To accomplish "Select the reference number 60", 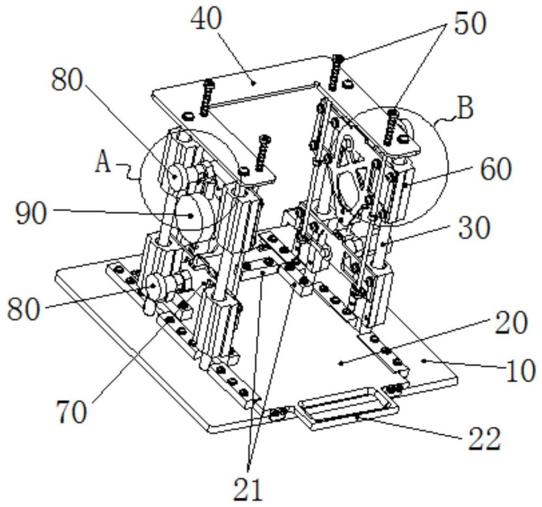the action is [x=496, y=169].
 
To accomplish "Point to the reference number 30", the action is [x=474, y=228].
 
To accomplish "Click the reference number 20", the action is [x=511, y=322].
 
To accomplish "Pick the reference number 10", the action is [x=521, y=370].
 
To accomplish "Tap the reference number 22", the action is [x=484, y=439].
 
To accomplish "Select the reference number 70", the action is [x=72, y=412].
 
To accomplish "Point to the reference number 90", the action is [x=31, y=214].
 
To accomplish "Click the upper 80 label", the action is [x=67, y=80].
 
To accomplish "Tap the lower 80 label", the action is [x=24, y=309].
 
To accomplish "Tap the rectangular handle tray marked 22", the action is [x=347, y=408].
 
